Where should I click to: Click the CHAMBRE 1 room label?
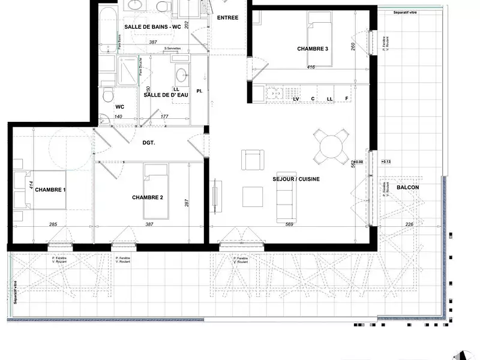click(51, 190)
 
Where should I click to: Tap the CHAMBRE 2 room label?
click(148, 197)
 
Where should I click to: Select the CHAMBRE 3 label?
click(313, 49)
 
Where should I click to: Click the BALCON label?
click(407, 187)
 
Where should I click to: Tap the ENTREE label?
click(227, 17)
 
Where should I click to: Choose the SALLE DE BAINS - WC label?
click(152, 27)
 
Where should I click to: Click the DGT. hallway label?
click(149, 143)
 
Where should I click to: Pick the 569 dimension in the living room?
click(290, 224)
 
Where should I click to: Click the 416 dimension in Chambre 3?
click(311, 67)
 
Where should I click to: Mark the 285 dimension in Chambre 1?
click(53, 224)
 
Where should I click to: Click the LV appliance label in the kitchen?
click(296, 98)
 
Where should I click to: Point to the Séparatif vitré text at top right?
click(406, 12)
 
